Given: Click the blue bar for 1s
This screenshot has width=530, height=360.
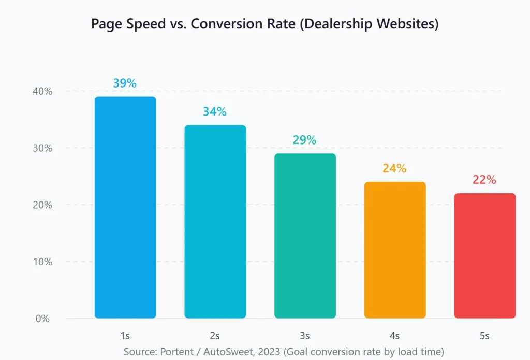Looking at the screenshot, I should [125, 207].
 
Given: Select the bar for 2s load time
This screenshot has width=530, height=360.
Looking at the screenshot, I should [215, 222].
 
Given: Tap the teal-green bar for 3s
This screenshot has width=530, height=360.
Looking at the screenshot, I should [305, 236].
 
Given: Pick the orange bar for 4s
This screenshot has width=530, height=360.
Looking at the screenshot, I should [395, 250].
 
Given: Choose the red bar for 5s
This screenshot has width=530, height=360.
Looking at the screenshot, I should [484, 256].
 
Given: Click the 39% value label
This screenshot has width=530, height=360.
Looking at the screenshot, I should [125, 83].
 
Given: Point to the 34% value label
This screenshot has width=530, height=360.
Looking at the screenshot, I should [215, 111].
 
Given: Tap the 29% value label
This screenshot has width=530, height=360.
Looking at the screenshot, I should [305, 140].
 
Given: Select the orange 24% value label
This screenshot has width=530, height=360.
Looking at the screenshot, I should [395, 168].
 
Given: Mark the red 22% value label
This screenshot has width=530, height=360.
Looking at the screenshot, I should [484, 180].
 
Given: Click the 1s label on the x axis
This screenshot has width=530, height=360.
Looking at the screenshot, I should [125, 336].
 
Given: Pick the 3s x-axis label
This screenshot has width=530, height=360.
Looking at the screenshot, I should [305, 336].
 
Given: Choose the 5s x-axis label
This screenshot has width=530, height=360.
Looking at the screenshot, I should [484, 336].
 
